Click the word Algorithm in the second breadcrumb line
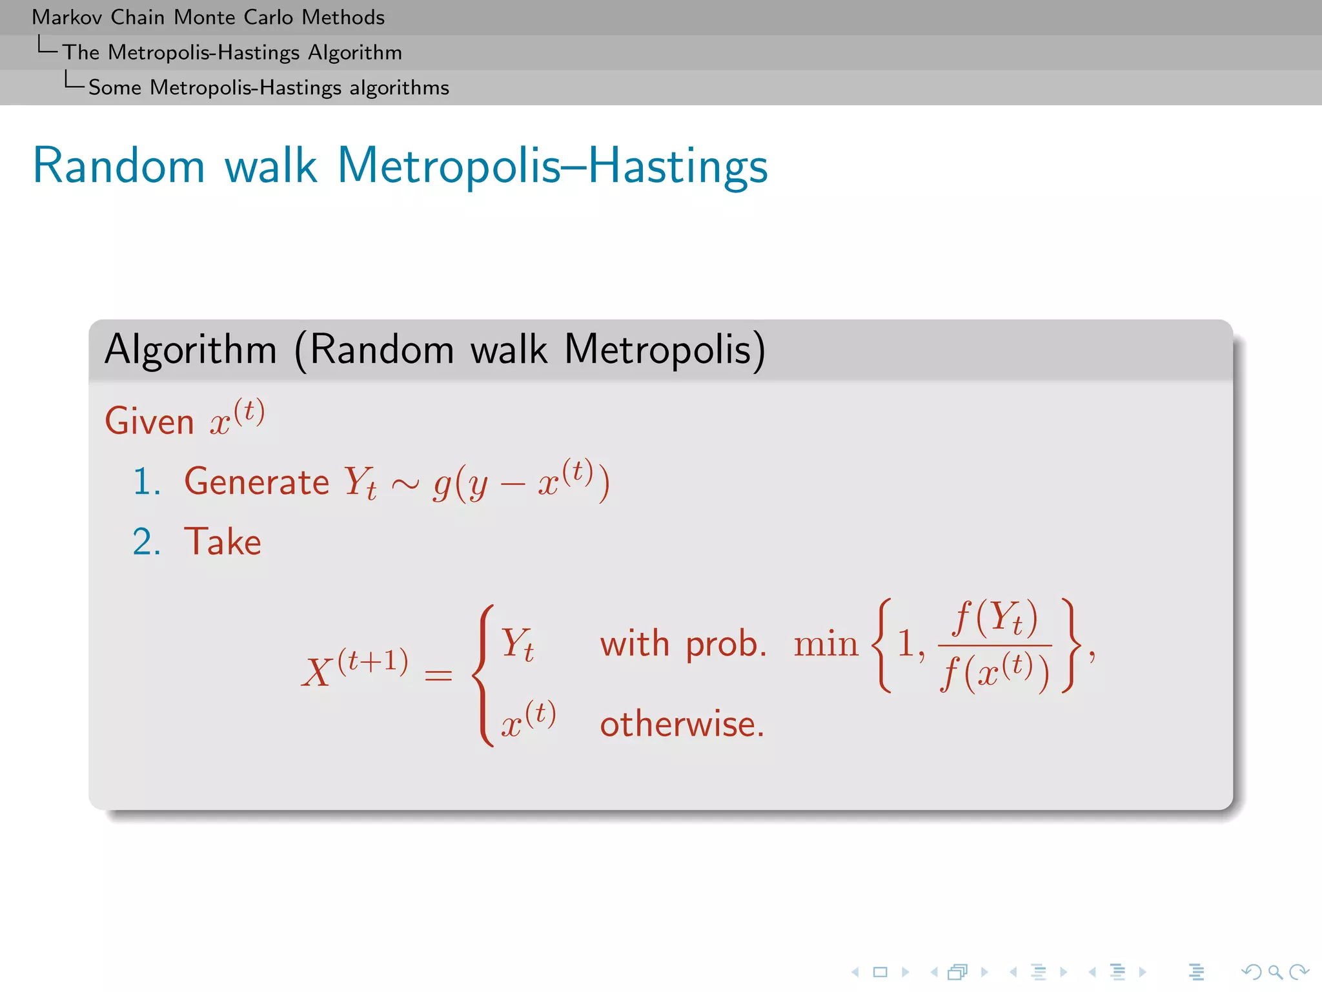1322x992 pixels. [x=354, y=52]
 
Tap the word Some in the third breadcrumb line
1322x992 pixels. [x=114, y=88]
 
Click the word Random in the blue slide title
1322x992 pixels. [x=119, y=166]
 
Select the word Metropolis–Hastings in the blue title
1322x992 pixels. [x=552, y=166]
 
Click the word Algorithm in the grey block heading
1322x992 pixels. [x=190, y=351]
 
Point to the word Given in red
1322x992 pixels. [x=149, y=422]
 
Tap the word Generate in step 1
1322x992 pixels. [x=256, y=482]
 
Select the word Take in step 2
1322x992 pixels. [x=223, y=541]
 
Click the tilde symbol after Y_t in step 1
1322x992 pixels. [x=405, y=484]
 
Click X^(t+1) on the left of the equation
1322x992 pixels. [x=354, y=669]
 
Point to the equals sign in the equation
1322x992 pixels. [x=438, y=676]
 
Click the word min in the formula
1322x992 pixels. [x=826, y=644]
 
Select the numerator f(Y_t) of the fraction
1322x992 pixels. [x=995, y=618]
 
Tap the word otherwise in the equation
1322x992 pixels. [x=682, y=724]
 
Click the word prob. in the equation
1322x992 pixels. [x=726, y=644]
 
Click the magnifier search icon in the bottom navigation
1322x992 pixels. [x=1275, y=972]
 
